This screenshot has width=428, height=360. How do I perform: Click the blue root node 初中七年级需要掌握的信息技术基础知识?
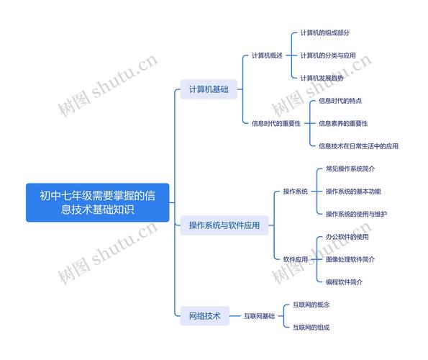[x=97, y=202]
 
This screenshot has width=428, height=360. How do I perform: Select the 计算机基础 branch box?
[x=209, y=89]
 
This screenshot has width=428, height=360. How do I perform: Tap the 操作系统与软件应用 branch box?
[x=224, y=225]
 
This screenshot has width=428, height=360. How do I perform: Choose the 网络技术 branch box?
[x=204, y=316]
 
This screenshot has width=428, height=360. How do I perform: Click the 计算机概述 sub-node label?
[x=267, y=55]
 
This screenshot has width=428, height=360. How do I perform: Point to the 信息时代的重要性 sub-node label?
[x=276, y=123]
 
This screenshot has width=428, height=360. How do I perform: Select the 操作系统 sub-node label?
[x=296, y=192]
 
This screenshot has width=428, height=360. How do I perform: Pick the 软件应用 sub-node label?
[x=296, y=259]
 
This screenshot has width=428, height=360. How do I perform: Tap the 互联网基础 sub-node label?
[x=259, y=316]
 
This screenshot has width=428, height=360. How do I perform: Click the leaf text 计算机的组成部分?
[x=325, y=33]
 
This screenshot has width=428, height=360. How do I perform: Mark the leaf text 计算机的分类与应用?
[x=328, y=55]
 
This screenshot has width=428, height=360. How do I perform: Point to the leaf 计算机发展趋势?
[x=322, y=78]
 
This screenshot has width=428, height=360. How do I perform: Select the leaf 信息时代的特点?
[x=340, y=101]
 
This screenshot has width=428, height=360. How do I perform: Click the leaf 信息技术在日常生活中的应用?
[x=358, y=146]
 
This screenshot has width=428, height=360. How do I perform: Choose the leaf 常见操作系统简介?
[x=350, y=168]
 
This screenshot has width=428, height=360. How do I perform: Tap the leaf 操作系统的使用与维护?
[x=356, y=214]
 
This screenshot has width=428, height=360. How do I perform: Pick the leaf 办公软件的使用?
[x=347, y=237]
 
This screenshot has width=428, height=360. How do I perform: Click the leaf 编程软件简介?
[x=345, y=282]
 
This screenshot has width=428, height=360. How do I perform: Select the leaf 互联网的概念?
[x=311, y=305]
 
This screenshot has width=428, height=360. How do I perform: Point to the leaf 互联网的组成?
[x=311, y=328]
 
